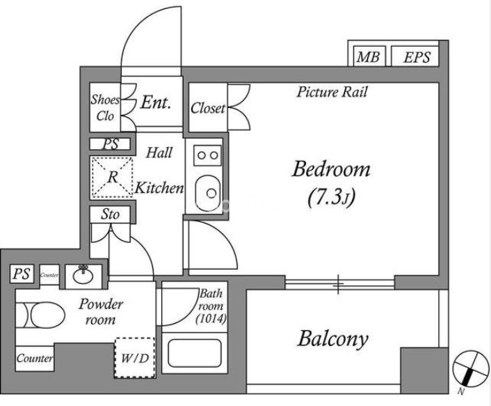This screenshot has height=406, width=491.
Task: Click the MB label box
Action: tap(368, 57)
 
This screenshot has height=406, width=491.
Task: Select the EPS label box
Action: tap(416, 57)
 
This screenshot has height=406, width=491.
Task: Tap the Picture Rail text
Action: tap(332, 92)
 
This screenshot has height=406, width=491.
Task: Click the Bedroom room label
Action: tap(331, 170)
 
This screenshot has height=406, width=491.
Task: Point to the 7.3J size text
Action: tap(331, 198)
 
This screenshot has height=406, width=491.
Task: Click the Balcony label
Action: tap(332, 339)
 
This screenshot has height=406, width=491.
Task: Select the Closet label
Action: tap(207, 108)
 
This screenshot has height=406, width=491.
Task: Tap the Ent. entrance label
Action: tap(156, 103)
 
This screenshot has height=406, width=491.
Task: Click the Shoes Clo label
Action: tap(106, 107)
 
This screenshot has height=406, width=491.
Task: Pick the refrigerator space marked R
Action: tap(111, 175)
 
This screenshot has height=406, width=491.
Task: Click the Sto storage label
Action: tap(111, 214)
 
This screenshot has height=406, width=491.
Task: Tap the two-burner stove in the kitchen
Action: tap(206, 155)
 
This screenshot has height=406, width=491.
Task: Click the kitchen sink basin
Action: tap(206, 189)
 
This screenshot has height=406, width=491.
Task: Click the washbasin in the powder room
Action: tap(83, 274)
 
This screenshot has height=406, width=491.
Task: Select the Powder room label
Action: tap(100, 312)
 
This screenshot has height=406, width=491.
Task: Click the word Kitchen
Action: tap(159, 187)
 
